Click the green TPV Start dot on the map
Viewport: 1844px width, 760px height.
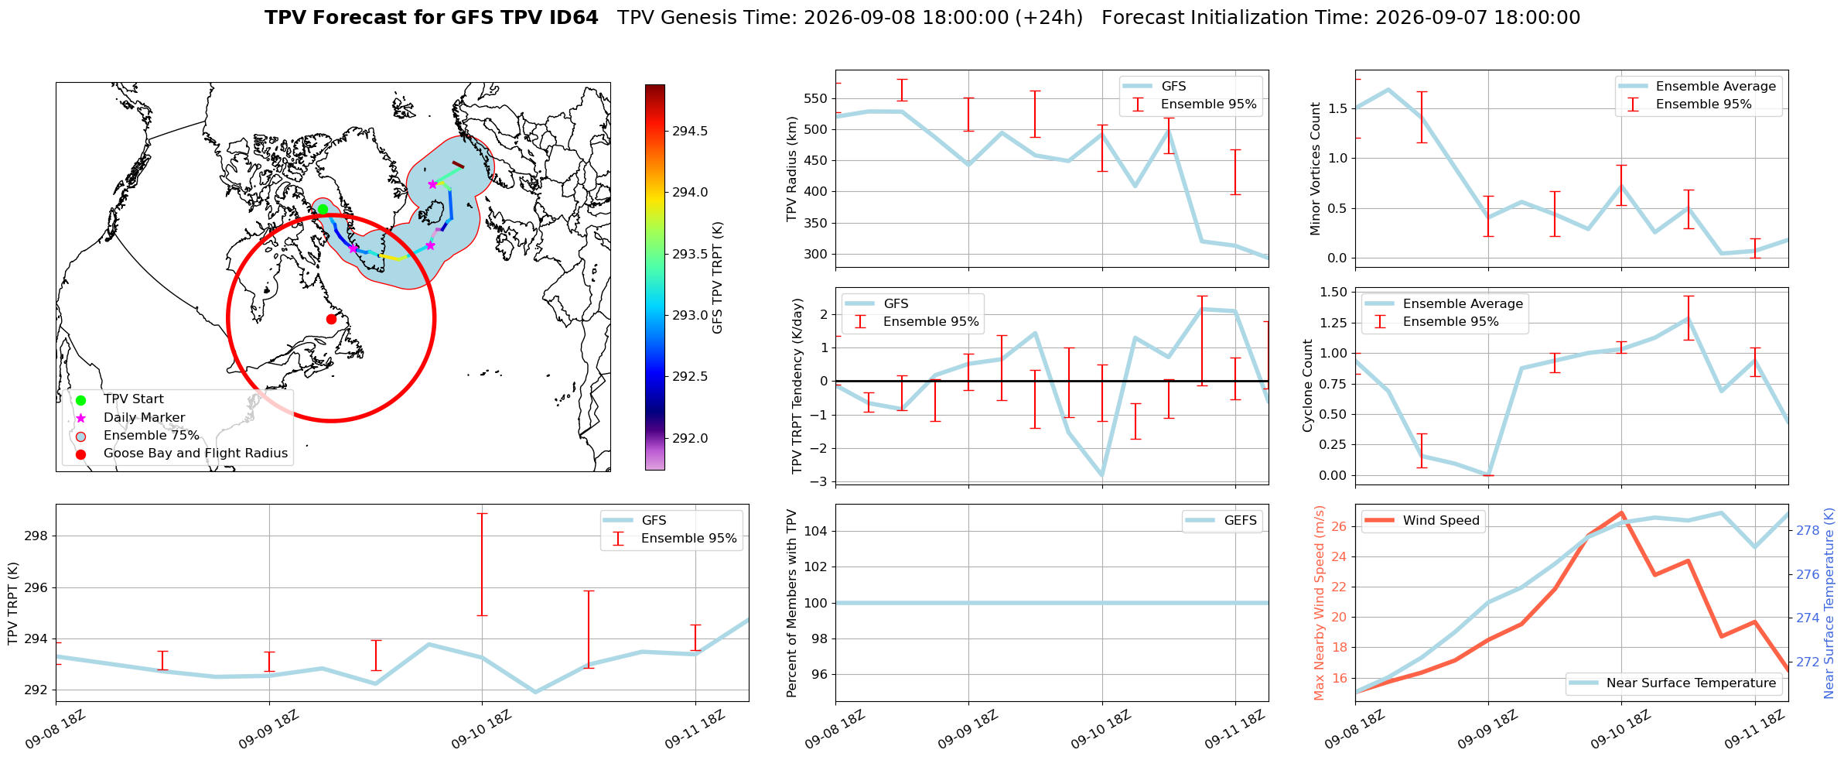[323, 209]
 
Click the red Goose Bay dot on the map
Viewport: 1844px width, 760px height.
[331, 319]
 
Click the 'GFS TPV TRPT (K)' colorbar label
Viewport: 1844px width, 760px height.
[718, 278]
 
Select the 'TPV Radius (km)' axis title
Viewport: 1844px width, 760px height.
[792, 169]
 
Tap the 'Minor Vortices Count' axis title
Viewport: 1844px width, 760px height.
[1316, 169]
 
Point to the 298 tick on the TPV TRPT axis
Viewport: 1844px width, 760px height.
[38, 536]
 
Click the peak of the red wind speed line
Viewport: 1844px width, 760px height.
[1621, 512]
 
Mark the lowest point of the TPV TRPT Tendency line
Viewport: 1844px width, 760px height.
[1101, 476]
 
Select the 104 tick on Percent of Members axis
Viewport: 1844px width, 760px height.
[818, 531]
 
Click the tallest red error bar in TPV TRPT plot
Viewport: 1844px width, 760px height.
[482, 564]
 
